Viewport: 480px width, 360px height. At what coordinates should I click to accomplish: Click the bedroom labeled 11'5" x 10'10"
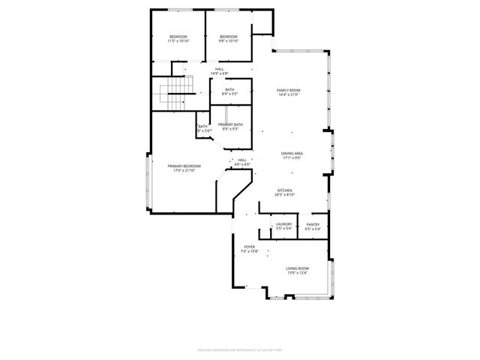[x=178, y=39]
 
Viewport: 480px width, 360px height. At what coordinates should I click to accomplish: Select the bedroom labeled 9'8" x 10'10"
[x=228, y=39]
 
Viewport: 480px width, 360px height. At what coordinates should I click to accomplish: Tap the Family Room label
[x=289, y=90]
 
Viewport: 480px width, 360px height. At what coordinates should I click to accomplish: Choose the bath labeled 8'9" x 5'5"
[x=228, y=91]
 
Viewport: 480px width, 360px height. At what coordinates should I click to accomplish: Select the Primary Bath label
[x=230, y=124]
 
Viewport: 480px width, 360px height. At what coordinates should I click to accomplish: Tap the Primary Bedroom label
[x=184, y=166]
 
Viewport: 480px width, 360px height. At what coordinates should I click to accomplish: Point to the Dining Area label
[x=292, y=153]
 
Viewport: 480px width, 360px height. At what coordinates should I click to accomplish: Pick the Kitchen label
[x=284, y=190]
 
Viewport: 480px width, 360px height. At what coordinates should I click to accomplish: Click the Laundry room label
[x=283, y=223]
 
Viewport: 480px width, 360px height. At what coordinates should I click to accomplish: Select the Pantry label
[x=313, y=223]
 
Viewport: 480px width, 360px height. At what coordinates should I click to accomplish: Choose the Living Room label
[x=297, y=268]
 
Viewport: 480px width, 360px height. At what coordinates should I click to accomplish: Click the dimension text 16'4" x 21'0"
[x=289, y=95]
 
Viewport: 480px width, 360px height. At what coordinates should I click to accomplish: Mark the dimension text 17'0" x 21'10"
[x=184, y=170]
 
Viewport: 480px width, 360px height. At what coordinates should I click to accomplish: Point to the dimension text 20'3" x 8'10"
[x=284, y=195]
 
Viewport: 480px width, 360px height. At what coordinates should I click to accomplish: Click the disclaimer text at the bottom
[x=240, y=349]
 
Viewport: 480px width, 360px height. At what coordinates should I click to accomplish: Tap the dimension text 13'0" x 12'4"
[x=297, y=273]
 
